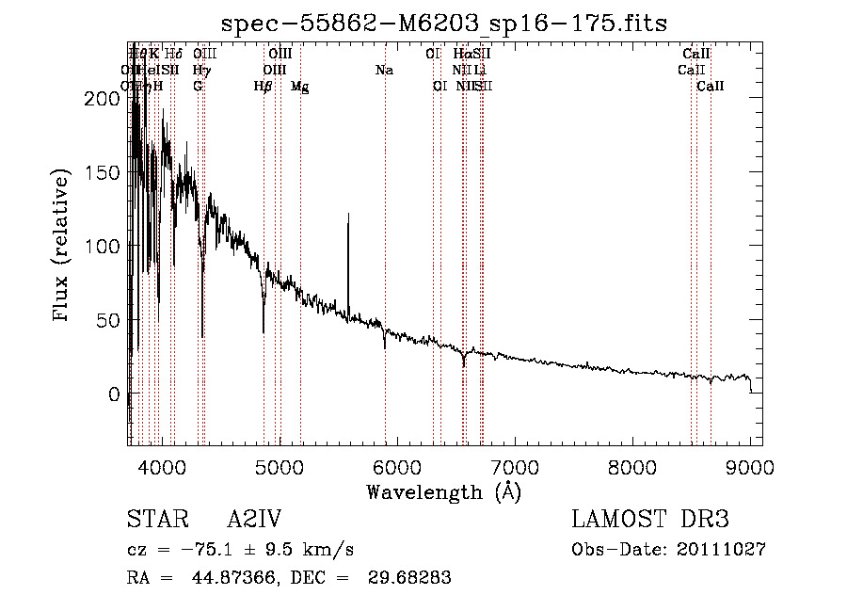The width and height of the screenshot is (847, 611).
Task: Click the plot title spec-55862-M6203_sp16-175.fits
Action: tap(444, 23)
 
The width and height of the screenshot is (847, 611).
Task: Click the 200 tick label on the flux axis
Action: tap(98, 98)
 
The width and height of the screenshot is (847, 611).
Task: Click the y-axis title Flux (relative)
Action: tap(63, 246)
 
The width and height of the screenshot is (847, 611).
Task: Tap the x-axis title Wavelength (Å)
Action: tap(444, 491)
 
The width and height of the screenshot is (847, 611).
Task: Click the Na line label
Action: tap(384, 70)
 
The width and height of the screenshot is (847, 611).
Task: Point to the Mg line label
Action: tap(299, 86)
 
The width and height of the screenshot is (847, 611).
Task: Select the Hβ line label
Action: tap(263, 86)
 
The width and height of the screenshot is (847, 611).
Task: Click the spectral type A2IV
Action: tap(254, 520)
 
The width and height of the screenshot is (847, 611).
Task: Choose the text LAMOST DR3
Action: tap(650, 520)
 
